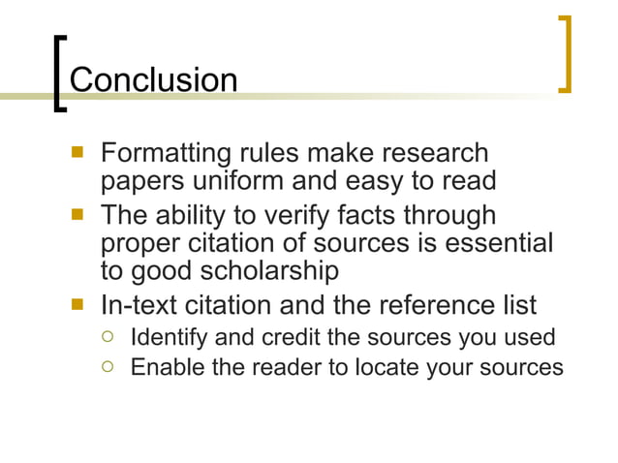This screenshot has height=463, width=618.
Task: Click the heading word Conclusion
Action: click(154, 79)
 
